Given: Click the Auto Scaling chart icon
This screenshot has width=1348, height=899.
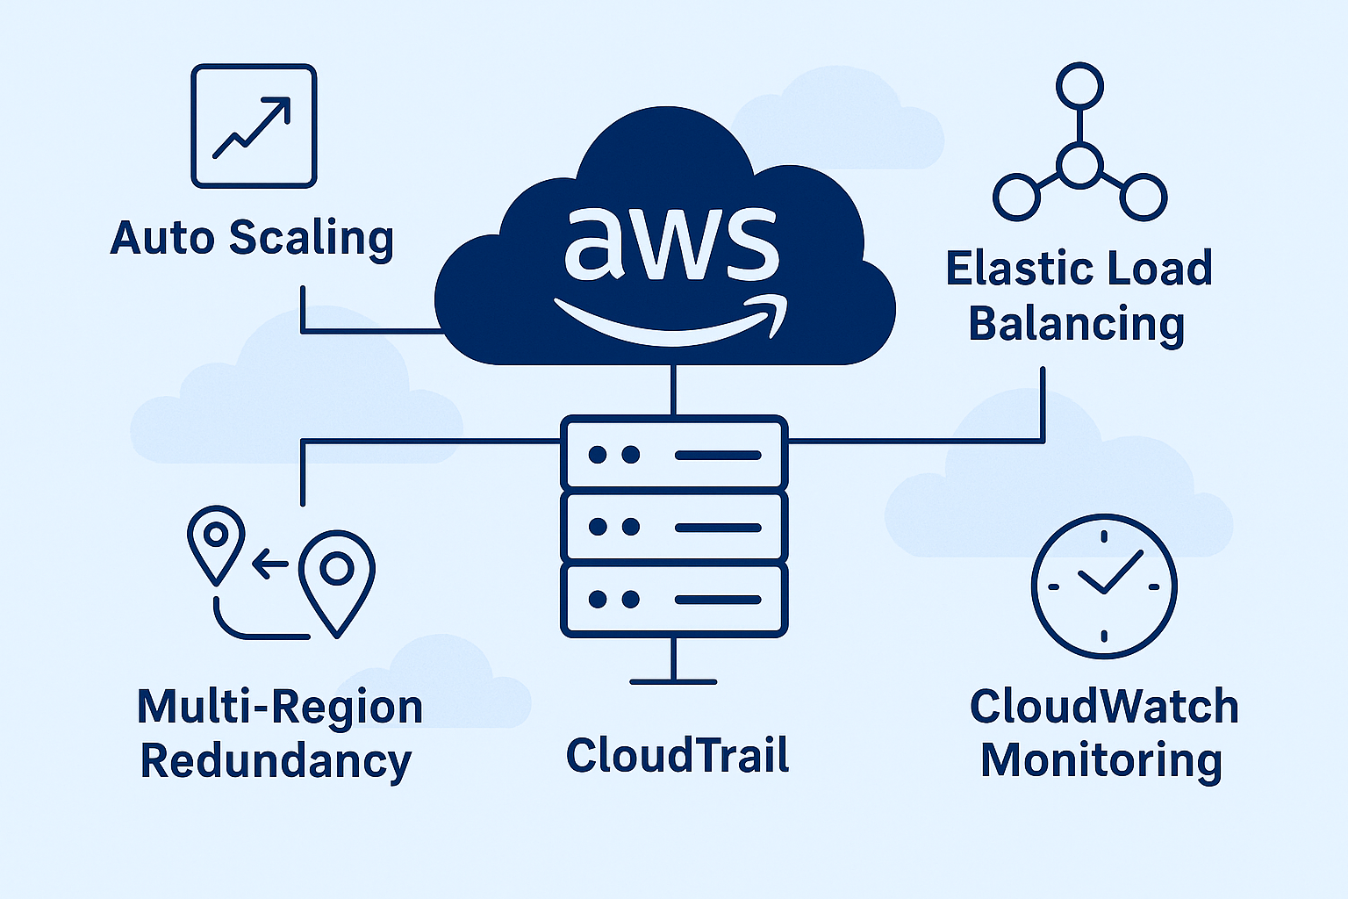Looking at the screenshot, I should pyautogui.click(x=254, y=126).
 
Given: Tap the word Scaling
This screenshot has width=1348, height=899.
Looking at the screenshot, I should pyautogui.click(x=312, y=239).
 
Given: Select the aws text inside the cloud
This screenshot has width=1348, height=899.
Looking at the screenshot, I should pyautogui.click(x=670, y=243).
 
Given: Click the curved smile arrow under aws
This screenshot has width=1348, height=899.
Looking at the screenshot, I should pyautogui.click(x=670, y=323).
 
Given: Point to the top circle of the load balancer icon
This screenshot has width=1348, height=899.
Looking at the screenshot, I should pyautogui.click(x=1079, y=86).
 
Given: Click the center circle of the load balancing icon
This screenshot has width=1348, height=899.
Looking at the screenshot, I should pyautogui.click(x=1079, y=164).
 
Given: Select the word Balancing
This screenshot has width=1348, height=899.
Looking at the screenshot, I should pyautogui.click(x=1077, y=325).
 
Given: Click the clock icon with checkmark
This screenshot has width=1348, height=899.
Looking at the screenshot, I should pyautogui.click(x=1103, y=586).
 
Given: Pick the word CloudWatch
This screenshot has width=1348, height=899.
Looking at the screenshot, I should pyautogui.click(x=1103, y=707).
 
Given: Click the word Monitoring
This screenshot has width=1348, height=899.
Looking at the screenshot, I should pyautogui.click(x=1101, y=760).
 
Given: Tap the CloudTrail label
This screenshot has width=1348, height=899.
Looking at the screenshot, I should pyautogui.click(x=678, y=755).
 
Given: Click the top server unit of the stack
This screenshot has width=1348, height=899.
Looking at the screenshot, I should pyautogui.click(x=673, y=454).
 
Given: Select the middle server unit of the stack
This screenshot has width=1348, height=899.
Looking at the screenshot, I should pyautogui.click(x=673, y=527).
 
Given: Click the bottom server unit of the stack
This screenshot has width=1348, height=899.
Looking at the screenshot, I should pyautogui.click(x=673, y=600).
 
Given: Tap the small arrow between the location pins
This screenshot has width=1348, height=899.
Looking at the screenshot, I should pyautogui.click(x=269, y=564).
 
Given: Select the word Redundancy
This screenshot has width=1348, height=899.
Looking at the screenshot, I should pyautogui.click(x=276, y=761).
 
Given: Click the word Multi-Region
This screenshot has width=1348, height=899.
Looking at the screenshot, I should pyautogui.click(x=280, y=708).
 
